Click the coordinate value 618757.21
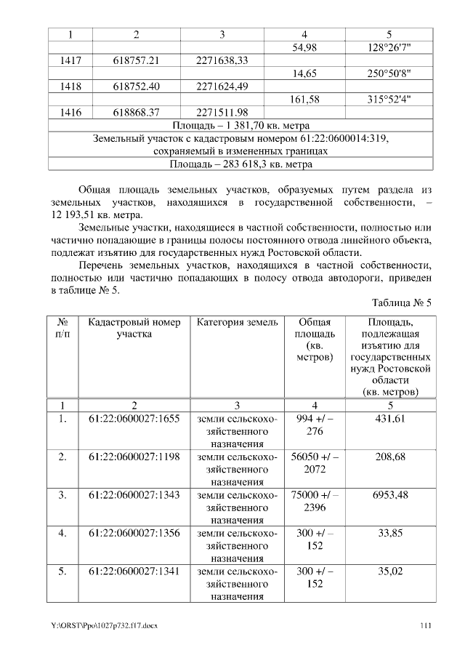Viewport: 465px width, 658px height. tap(136, 60)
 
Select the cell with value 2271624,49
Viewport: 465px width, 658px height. tap(222, 87)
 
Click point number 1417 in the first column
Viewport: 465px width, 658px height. tap(70, 60)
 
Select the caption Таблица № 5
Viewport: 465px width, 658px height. tap(402, 302)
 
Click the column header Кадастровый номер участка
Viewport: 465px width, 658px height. tap(133, 328)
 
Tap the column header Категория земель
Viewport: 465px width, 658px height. tap(237, 322)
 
